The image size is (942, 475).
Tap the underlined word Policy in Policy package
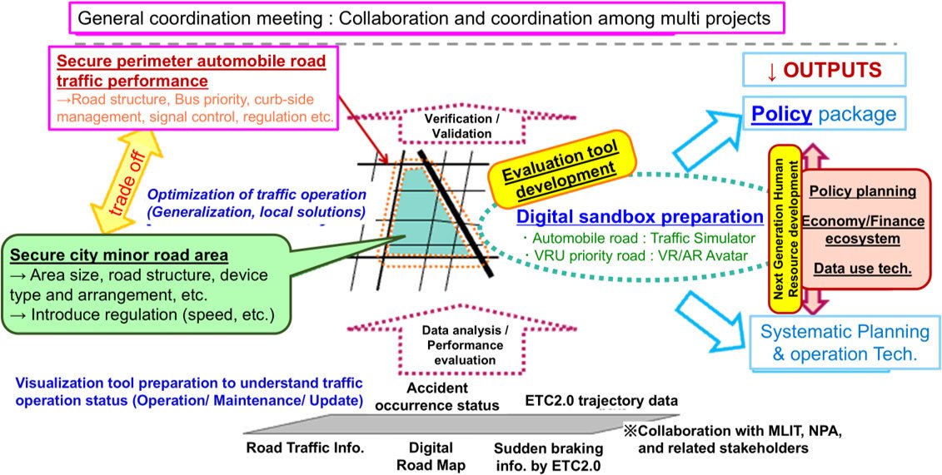pos(781,113)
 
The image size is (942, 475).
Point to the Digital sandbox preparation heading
pos(640,217)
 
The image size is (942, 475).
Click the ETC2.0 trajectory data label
pos(601,401)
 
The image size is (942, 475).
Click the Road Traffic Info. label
pos(305,448)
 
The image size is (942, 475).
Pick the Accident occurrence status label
pos(453,396)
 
